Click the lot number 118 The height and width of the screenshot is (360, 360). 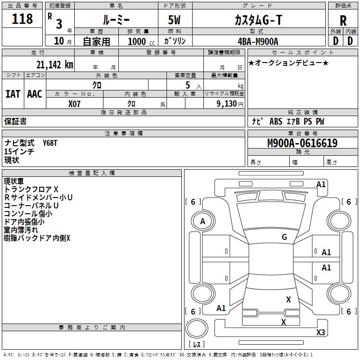23,19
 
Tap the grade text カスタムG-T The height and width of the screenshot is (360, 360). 258,20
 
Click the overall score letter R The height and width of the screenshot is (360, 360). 343,21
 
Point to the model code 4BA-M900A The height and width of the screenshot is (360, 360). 258,41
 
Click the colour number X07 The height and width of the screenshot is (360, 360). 75,103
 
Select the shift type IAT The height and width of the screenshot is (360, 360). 13,94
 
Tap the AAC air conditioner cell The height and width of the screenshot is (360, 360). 35,94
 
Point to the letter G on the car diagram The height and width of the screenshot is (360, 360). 284,237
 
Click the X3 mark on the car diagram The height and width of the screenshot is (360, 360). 320,333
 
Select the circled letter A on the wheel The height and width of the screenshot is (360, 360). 202,221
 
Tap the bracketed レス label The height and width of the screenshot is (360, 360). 198,344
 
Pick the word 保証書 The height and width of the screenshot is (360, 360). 15,121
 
